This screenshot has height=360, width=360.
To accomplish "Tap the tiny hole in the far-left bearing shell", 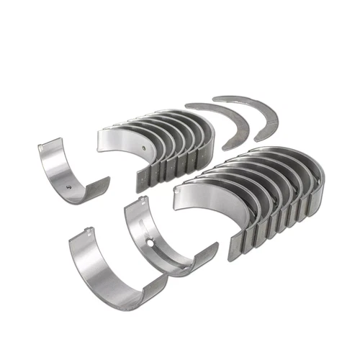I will click(69, 188).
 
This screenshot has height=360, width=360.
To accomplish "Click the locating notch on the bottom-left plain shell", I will click(86, 233).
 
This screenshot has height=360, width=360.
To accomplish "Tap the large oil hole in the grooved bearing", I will click(151, 242).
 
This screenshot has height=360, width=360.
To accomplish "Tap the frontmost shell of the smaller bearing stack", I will click(122, 144).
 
